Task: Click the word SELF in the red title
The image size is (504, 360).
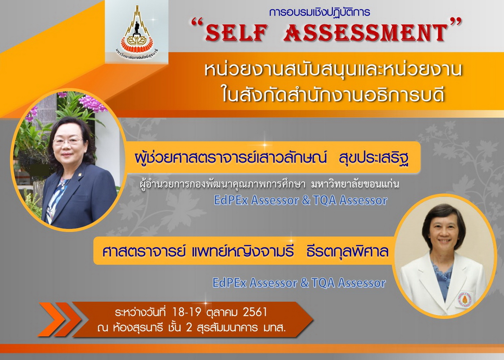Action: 237,32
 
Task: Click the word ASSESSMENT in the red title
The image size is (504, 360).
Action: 366,32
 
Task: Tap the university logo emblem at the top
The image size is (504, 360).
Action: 137,30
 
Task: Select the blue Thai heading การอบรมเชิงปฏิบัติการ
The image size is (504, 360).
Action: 319,13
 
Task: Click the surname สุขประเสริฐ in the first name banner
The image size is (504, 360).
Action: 374,158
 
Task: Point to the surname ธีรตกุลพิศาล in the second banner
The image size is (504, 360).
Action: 347,251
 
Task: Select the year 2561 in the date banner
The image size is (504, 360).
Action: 255,312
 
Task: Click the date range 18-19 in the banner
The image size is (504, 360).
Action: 187,312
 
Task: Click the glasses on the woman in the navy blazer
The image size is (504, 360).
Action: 68,141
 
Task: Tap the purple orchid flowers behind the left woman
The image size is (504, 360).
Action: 91,104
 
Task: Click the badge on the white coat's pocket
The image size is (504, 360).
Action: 465,299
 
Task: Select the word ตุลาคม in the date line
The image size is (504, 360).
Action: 222,312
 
